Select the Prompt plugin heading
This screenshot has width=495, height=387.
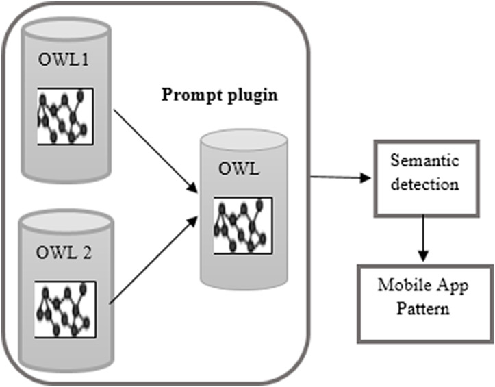pos(219,95)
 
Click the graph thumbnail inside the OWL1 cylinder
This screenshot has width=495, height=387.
pos(65,116)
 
